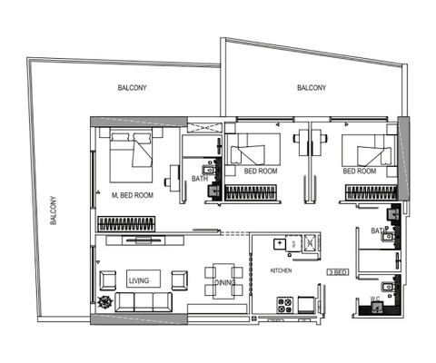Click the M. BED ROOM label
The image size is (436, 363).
(132, 195)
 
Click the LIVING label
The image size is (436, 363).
(138, 279)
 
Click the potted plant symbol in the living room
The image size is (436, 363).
(106, 303)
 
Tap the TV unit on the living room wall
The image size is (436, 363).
(145, 240)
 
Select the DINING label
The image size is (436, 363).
(224, 283)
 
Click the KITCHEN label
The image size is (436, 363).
(280, 271)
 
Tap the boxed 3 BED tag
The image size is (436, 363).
(337, 271)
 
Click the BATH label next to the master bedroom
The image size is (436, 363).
(200, 179)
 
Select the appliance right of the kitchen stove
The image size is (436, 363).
(304, 301)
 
